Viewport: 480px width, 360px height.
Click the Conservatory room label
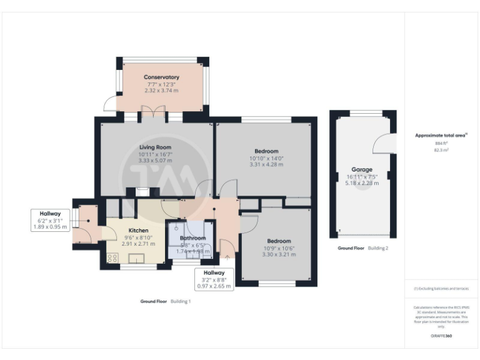(161, 77)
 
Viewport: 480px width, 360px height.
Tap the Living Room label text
(155, 147)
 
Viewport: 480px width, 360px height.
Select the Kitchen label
(138, 230)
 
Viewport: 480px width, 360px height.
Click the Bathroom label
(192, 238)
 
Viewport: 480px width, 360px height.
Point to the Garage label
(362, 169)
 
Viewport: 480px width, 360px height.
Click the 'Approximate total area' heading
(441, 135)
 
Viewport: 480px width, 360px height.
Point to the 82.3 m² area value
(441, 150)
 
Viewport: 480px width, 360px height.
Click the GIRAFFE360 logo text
(441, 336)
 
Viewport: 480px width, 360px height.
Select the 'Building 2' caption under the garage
(377, 248)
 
